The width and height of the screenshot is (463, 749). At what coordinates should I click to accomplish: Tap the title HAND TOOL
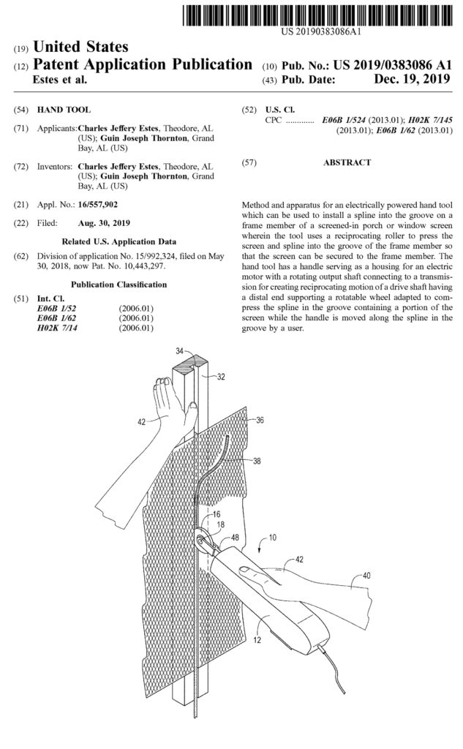[x=71, y=109]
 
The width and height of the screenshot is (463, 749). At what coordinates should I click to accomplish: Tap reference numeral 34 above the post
[x=180, y=353]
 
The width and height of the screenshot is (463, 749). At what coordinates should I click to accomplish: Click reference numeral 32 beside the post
[x=220, y=377]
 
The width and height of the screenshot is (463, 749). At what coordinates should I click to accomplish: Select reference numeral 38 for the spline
[x=257, y=462]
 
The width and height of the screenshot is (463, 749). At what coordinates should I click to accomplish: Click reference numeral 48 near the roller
[x=235, y=538]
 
